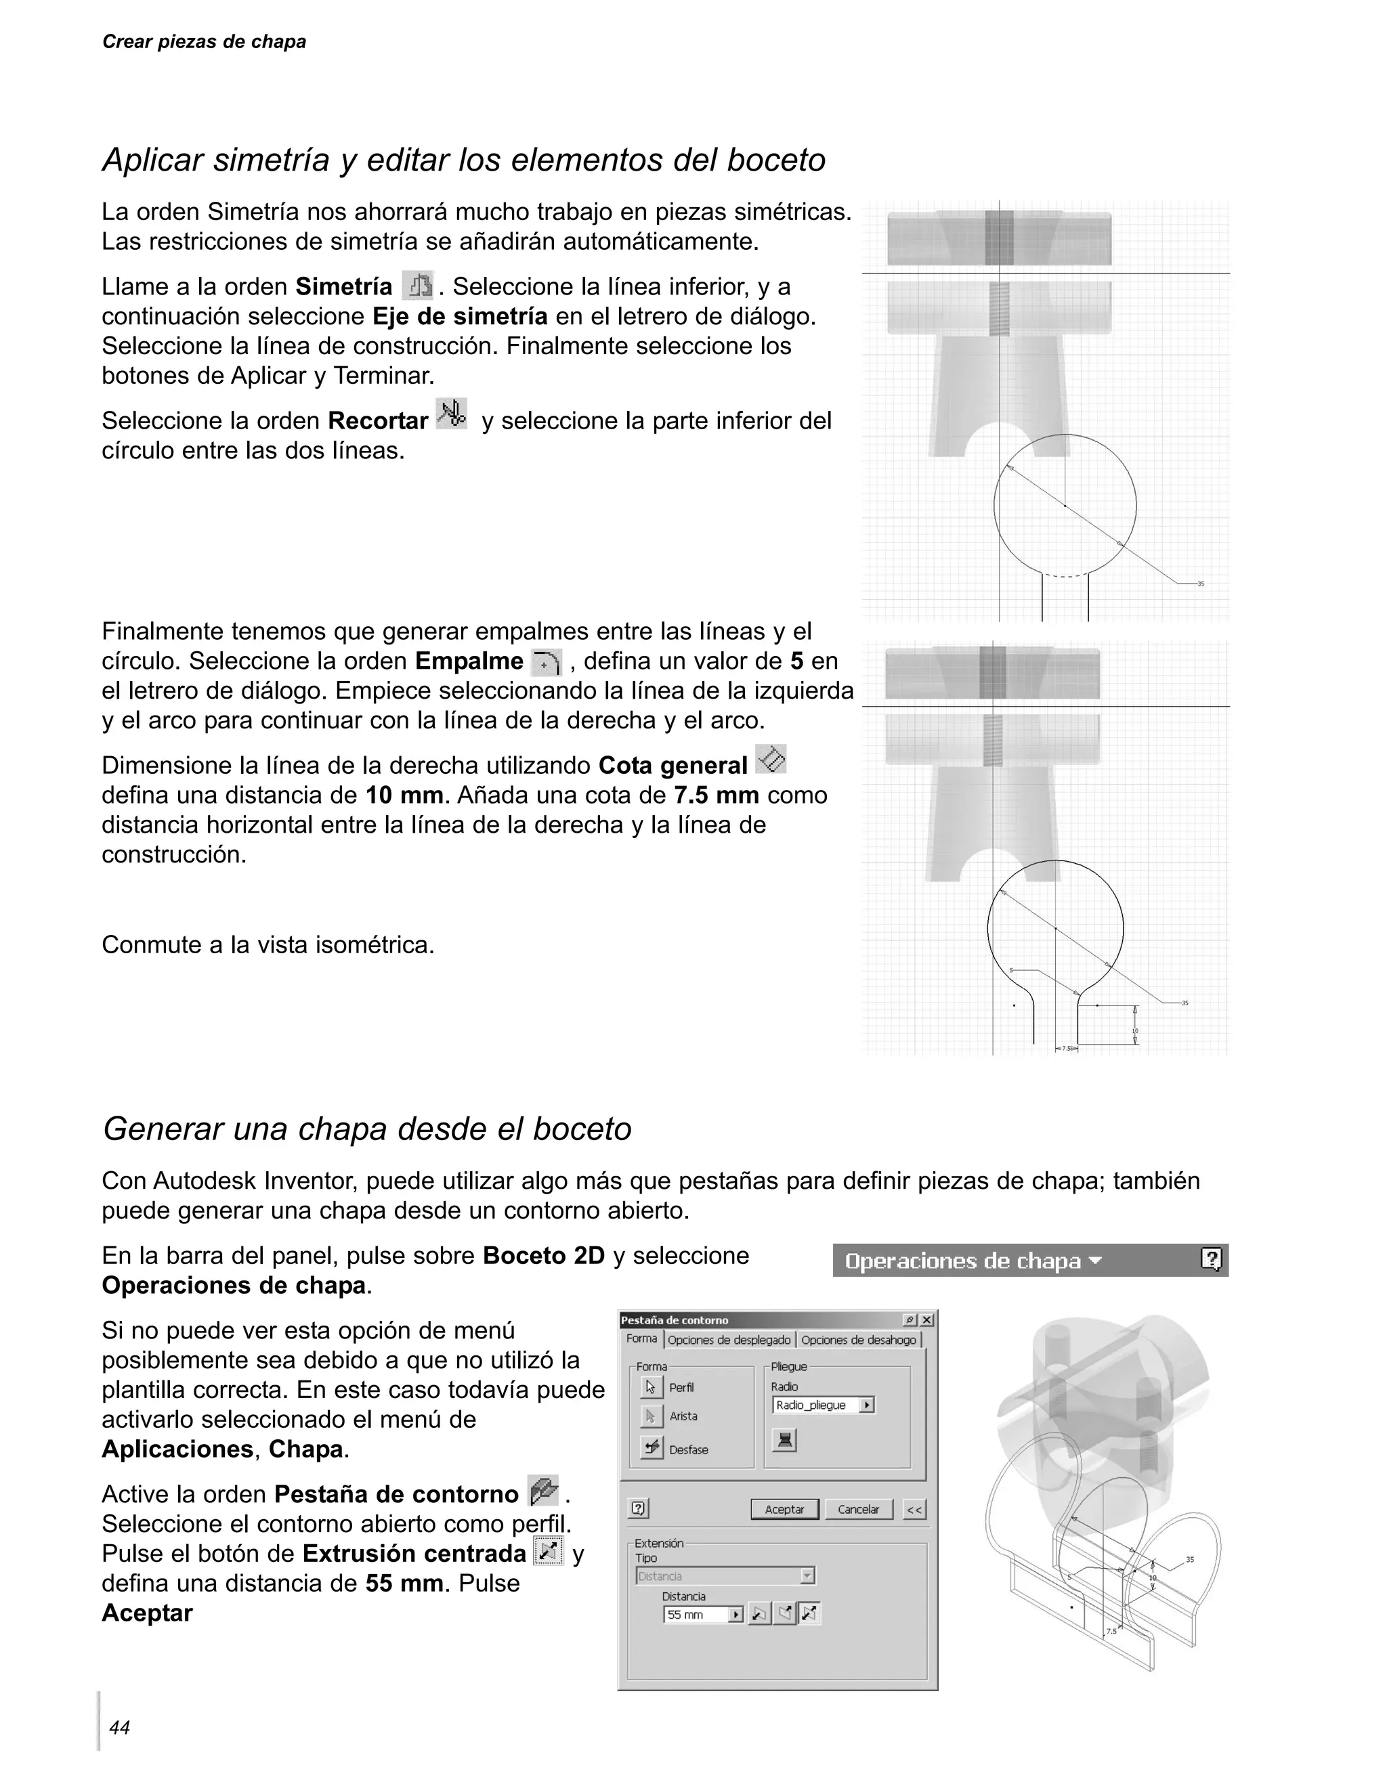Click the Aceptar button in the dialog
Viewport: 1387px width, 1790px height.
(x=784, y=1509)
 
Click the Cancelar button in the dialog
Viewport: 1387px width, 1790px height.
(x=857, y=1509)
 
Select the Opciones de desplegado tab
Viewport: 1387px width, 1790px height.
(x=729, y=1340)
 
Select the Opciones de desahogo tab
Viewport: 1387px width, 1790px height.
(x=858, y=1340)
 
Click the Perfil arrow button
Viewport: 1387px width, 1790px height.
(x=651, y=1387)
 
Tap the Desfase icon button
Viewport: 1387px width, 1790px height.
(x=651, y=1447)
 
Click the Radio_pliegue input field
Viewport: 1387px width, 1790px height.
(x=815, y=1405)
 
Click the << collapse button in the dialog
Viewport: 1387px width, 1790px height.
(x=914, y=1509)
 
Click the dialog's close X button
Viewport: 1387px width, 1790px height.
(x=926, y=1319)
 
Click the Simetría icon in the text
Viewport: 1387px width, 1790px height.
(x=418, y=286)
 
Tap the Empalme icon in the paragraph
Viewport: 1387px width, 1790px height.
(x=546, y=661)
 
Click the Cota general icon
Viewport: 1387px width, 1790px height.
(x=771, y=759)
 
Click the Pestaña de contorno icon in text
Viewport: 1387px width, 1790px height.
(x=542, y=1490)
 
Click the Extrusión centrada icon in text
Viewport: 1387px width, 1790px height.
(x=548, y=1550)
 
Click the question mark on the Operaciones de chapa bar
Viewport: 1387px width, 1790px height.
(x=1211, y=1260)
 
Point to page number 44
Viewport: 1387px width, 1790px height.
(x=120, y=1728)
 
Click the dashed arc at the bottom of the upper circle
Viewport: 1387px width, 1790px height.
(x=1064, y=575)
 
